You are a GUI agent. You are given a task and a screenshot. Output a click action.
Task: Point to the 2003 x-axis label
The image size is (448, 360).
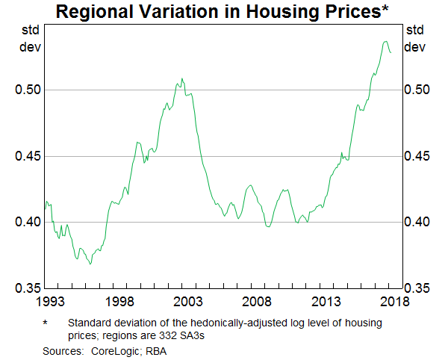click(x=189, y=302)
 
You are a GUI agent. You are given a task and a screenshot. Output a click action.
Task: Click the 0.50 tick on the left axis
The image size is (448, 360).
click(x=28, y=90)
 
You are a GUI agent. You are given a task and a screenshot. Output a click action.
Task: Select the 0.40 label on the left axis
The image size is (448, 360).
click(x=28, y=222)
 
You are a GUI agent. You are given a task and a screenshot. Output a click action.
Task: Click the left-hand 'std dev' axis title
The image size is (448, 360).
click(x=29, y=39)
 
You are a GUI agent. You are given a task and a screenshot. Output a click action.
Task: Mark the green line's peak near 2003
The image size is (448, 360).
click(x=181, y=78)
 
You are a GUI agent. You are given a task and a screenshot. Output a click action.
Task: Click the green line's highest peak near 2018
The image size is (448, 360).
click(x=385, y=41)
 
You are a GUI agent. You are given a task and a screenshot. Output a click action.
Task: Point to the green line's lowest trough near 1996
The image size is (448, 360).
click(x=90, y=264)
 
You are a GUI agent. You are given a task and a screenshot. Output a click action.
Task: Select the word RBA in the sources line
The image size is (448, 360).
click(x=156, y=350)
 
